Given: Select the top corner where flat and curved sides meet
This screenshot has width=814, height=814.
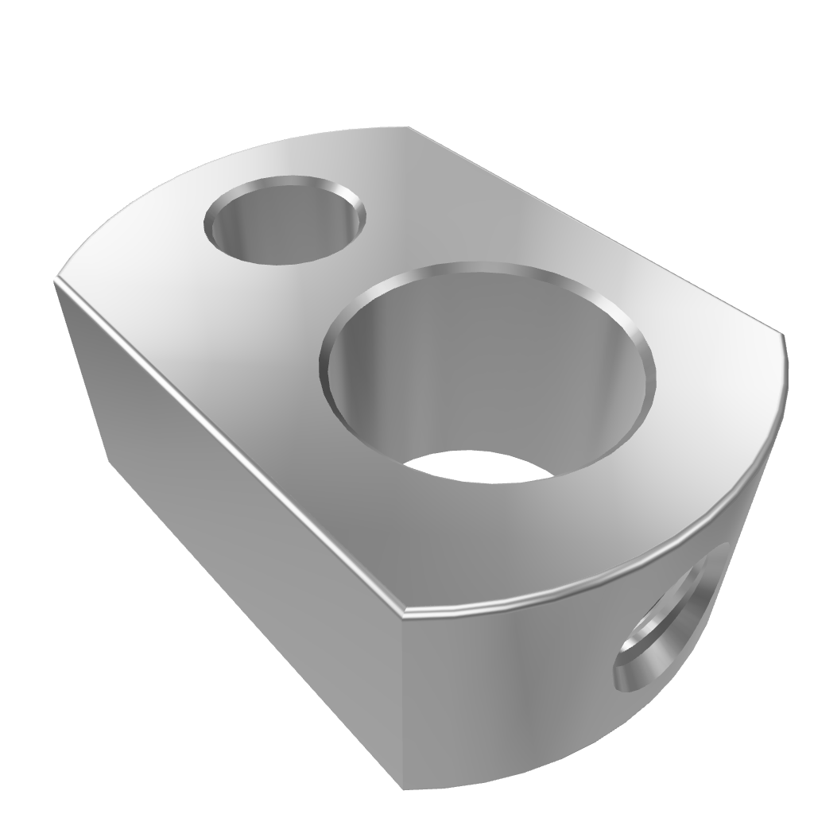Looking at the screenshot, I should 403,614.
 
